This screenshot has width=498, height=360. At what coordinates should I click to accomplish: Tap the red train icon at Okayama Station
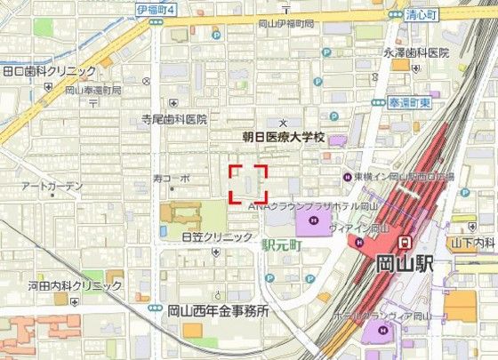405,241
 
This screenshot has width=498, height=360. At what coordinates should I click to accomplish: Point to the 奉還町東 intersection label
413,103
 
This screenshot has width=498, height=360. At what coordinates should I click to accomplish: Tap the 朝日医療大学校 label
285,139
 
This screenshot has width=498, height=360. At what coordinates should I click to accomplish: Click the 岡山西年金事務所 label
218,312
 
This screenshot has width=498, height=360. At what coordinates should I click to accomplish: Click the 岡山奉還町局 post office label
93,91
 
